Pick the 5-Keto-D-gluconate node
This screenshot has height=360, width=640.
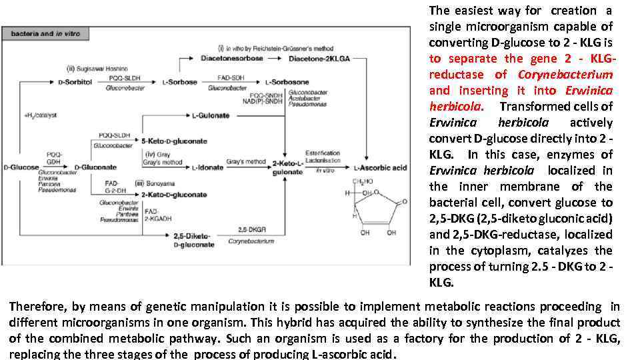[x=174, y=141]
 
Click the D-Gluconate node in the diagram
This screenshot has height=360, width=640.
[x=95, y=167]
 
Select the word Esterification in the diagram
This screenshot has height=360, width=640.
[x=322, y=153]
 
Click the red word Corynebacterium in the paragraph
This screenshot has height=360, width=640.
[x=565, y=75]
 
